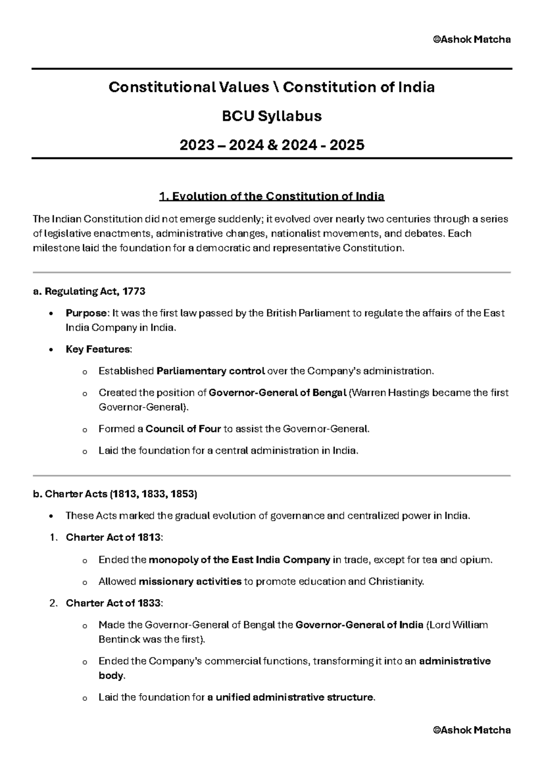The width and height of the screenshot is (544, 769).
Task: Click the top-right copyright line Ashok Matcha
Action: [471, 39]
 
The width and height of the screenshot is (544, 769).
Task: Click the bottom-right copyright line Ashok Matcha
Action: [471, 730]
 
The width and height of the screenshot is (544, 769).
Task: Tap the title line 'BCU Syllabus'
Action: [272, 116]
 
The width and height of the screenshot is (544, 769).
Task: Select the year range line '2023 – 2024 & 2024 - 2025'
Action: [272, 145]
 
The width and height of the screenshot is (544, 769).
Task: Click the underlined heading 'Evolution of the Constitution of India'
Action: [272, 196]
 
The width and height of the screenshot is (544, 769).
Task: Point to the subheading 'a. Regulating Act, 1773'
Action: [89, 292]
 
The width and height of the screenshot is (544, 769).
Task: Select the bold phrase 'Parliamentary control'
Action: [210, 371]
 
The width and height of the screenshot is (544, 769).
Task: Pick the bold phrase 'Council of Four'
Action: [183, 429]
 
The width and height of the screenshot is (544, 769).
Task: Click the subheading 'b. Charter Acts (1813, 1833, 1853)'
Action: [115, 494]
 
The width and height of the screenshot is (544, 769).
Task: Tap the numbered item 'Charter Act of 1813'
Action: [113, 538]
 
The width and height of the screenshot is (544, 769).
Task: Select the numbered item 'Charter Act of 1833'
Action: [113, 604]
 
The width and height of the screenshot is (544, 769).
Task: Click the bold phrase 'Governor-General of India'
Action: [359, 625]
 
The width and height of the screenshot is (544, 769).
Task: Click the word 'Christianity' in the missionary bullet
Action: [396, 582]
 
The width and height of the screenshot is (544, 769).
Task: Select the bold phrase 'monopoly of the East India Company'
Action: [239, 560]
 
